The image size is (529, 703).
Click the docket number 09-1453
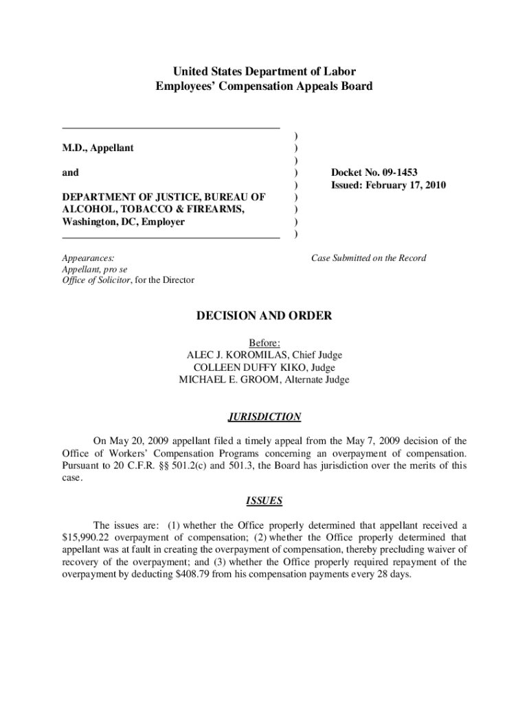click(x=394, y=172)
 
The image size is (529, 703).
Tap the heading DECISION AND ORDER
click(x=264, y=316)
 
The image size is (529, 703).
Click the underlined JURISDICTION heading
click(x=264, y=417)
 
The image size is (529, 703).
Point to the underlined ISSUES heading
click(x=264, y=501)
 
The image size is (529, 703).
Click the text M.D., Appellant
click(x=98, y=148)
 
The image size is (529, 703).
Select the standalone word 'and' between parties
click(x=71, y=173)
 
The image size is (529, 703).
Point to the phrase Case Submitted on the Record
click(x=368, y=258)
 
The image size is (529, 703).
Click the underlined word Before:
click(x=264, y=343)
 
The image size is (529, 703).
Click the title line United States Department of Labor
click(x=264, y=71)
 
